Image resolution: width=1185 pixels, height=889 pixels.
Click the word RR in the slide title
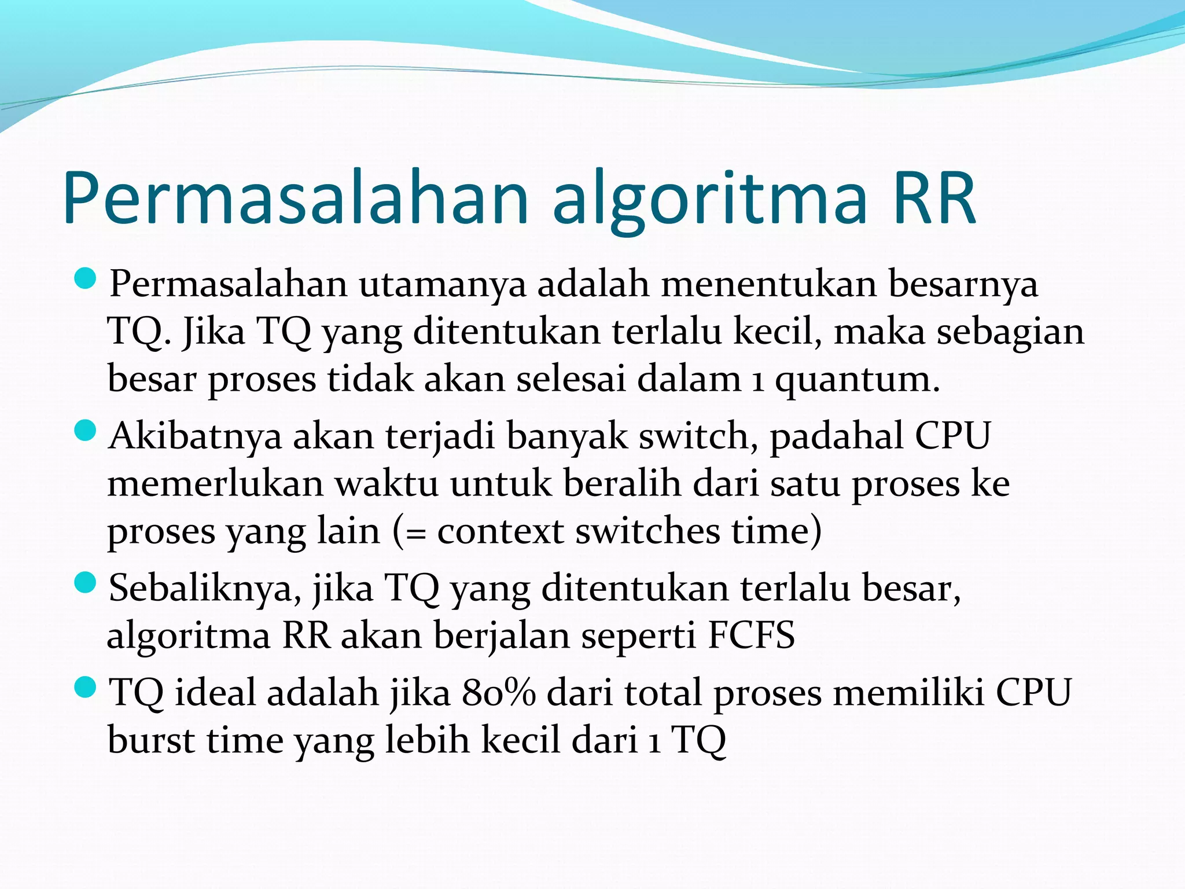934,199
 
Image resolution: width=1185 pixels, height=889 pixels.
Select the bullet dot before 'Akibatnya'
85,431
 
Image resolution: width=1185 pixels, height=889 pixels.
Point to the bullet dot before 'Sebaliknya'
85,583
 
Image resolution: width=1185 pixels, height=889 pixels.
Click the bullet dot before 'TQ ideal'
85,688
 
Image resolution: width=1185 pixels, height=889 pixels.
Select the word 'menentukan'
768,285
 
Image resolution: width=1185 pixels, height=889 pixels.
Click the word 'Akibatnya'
194,436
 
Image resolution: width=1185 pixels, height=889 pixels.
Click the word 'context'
500,531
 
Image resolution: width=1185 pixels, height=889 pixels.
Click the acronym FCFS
751,635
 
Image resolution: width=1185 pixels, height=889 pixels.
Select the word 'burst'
151,740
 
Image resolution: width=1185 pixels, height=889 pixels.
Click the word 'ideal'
215,693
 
